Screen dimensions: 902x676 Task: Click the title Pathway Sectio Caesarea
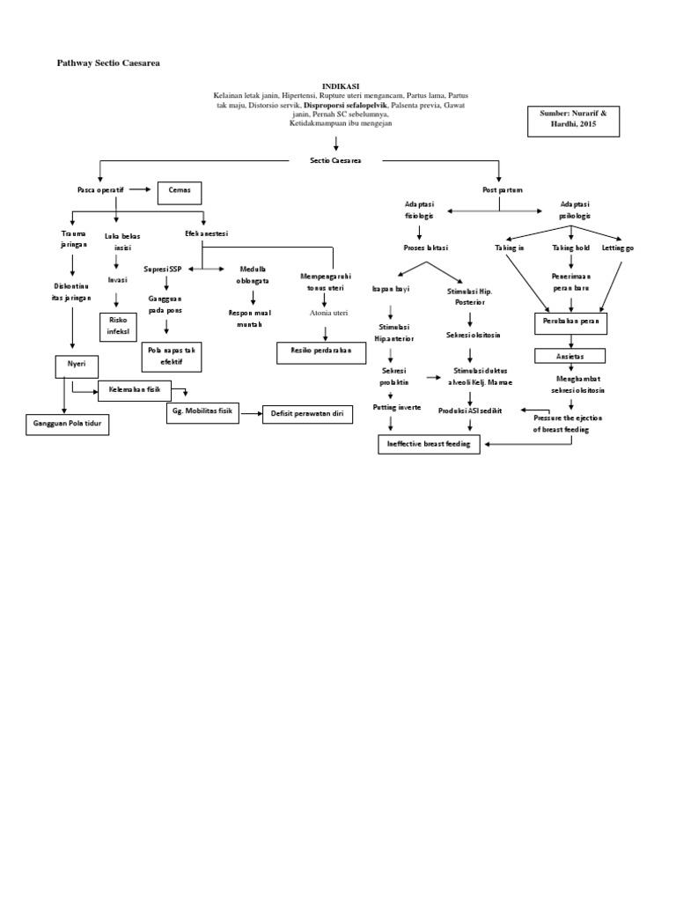(x=109, y=64)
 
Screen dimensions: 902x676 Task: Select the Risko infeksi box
(x=117, y=326)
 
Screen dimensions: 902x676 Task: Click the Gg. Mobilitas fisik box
(x=202, y=411)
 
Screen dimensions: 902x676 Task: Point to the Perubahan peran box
(x=571, y=323)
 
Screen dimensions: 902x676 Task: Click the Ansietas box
(x=571, y=355)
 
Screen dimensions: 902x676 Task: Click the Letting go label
(x=618, y=248)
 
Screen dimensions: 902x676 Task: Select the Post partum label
(x=502, y=189)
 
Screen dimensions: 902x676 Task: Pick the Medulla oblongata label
(x=253, y=274)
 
